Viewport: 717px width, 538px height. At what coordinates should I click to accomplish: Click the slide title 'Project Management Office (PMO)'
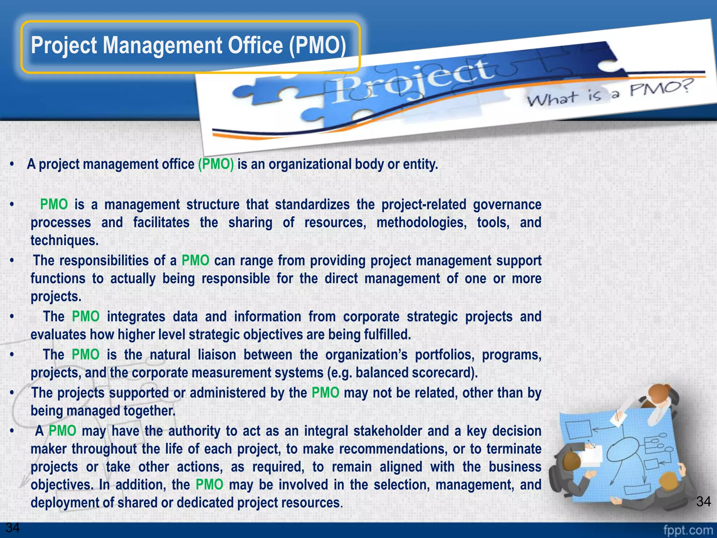pyautogui.click(x=188, y=46)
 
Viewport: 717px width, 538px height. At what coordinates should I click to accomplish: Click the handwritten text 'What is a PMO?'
pyautogui.click(x=609, y=93)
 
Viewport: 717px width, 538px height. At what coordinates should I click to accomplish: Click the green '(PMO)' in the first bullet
pyautogui.click(x=216, y=164)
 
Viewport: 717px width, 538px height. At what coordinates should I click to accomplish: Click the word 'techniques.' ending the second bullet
pyautogui.click(x=64, y=241)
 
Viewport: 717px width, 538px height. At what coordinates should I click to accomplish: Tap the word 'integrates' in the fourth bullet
pyautogui.click(x=136, y=317)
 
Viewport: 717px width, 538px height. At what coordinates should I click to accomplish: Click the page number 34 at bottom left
pyautogui.click(x=13, y=527)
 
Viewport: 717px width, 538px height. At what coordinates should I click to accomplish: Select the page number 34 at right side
pyautogui.click(x=703, y=502)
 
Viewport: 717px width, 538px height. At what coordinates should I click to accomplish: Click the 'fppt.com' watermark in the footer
pyautogui.click(x=688, y=530)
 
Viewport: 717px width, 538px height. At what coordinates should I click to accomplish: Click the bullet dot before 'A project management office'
pyautogui.click(x=12, y=164)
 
